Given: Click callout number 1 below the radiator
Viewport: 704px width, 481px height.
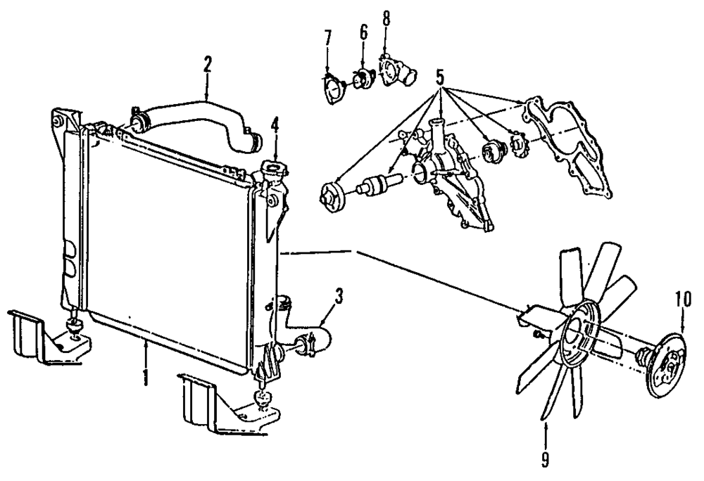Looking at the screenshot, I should coord(145,376).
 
